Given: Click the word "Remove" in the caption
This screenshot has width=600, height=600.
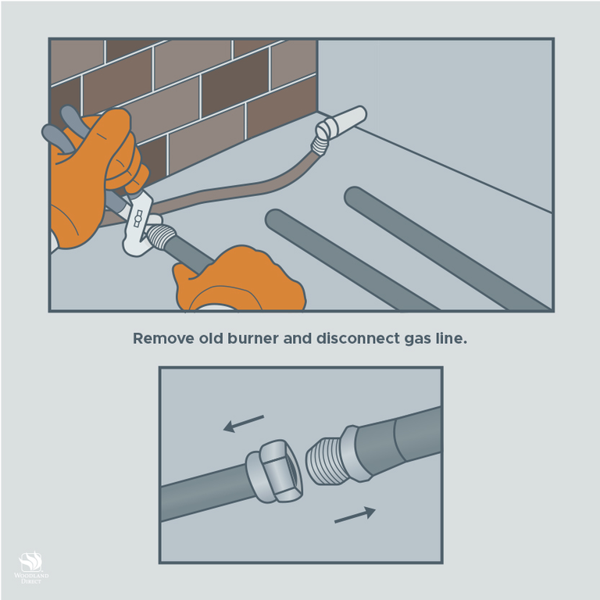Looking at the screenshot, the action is point(163,338).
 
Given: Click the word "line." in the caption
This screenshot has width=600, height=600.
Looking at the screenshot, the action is point(452,338).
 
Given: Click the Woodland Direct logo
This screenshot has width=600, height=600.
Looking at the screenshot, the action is point(31,567).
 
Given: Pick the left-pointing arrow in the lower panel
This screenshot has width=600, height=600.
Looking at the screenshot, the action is point(244,423).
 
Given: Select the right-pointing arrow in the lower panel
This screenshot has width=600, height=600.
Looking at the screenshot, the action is point(355,515).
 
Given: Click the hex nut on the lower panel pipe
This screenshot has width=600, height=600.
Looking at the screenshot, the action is point(274,471).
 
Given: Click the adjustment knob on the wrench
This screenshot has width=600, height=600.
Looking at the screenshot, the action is point(138,219).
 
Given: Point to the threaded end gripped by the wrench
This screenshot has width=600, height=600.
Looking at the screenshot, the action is point(161,236).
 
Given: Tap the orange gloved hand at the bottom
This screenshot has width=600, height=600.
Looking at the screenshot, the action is point(240,280).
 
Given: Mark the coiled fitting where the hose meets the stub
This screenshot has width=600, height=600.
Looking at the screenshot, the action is point(320,146).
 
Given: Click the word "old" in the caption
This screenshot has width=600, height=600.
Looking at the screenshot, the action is point(211,338).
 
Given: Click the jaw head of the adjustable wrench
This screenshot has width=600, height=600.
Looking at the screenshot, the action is point(139,224).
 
